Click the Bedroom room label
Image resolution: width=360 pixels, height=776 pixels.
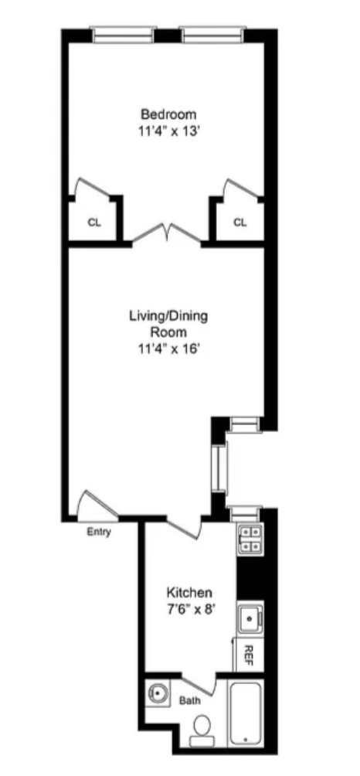click(168, 114)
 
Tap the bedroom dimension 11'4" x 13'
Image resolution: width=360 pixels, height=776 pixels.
click(168, 131)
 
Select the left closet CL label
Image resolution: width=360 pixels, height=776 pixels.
click(94, 223)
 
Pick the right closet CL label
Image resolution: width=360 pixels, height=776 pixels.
click(240, 223)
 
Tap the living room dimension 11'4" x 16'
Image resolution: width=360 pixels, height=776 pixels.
click(168, 349)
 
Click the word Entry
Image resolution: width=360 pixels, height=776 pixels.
click(97, 532)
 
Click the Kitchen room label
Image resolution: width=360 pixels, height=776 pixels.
click(189, 592)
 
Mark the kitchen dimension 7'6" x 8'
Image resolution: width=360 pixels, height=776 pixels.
click(189, 608)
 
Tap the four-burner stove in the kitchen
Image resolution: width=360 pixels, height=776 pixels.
click(250, 537)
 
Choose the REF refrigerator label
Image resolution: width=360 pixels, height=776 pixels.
click(250, 655)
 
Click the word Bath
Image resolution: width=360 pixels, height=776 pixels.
click(189, 701)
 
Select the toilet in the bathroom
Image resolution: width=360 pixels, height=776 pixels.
click(202, 728)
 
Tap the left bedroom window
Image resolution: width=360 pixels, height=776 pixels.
click(122, 34)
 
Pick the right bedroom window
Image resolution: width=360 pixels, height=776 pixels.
click(212, 34)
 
